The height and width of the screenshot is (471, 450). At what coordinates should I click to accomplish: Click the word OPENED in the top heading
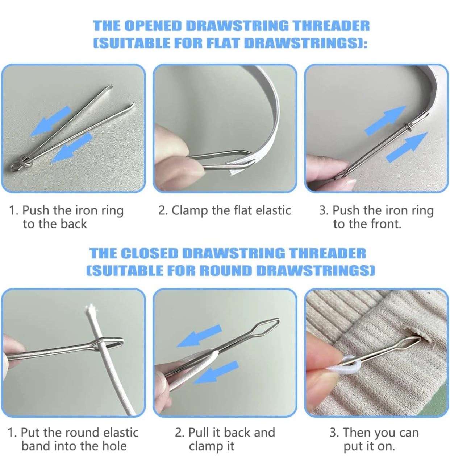pos(154,26)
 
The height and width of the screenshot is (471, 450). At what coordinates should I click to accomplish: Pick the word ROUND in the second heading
pos(226,270)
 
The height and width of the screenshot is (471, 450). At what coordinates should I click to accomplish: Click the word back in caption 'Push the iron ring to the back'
pos(74,224)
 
